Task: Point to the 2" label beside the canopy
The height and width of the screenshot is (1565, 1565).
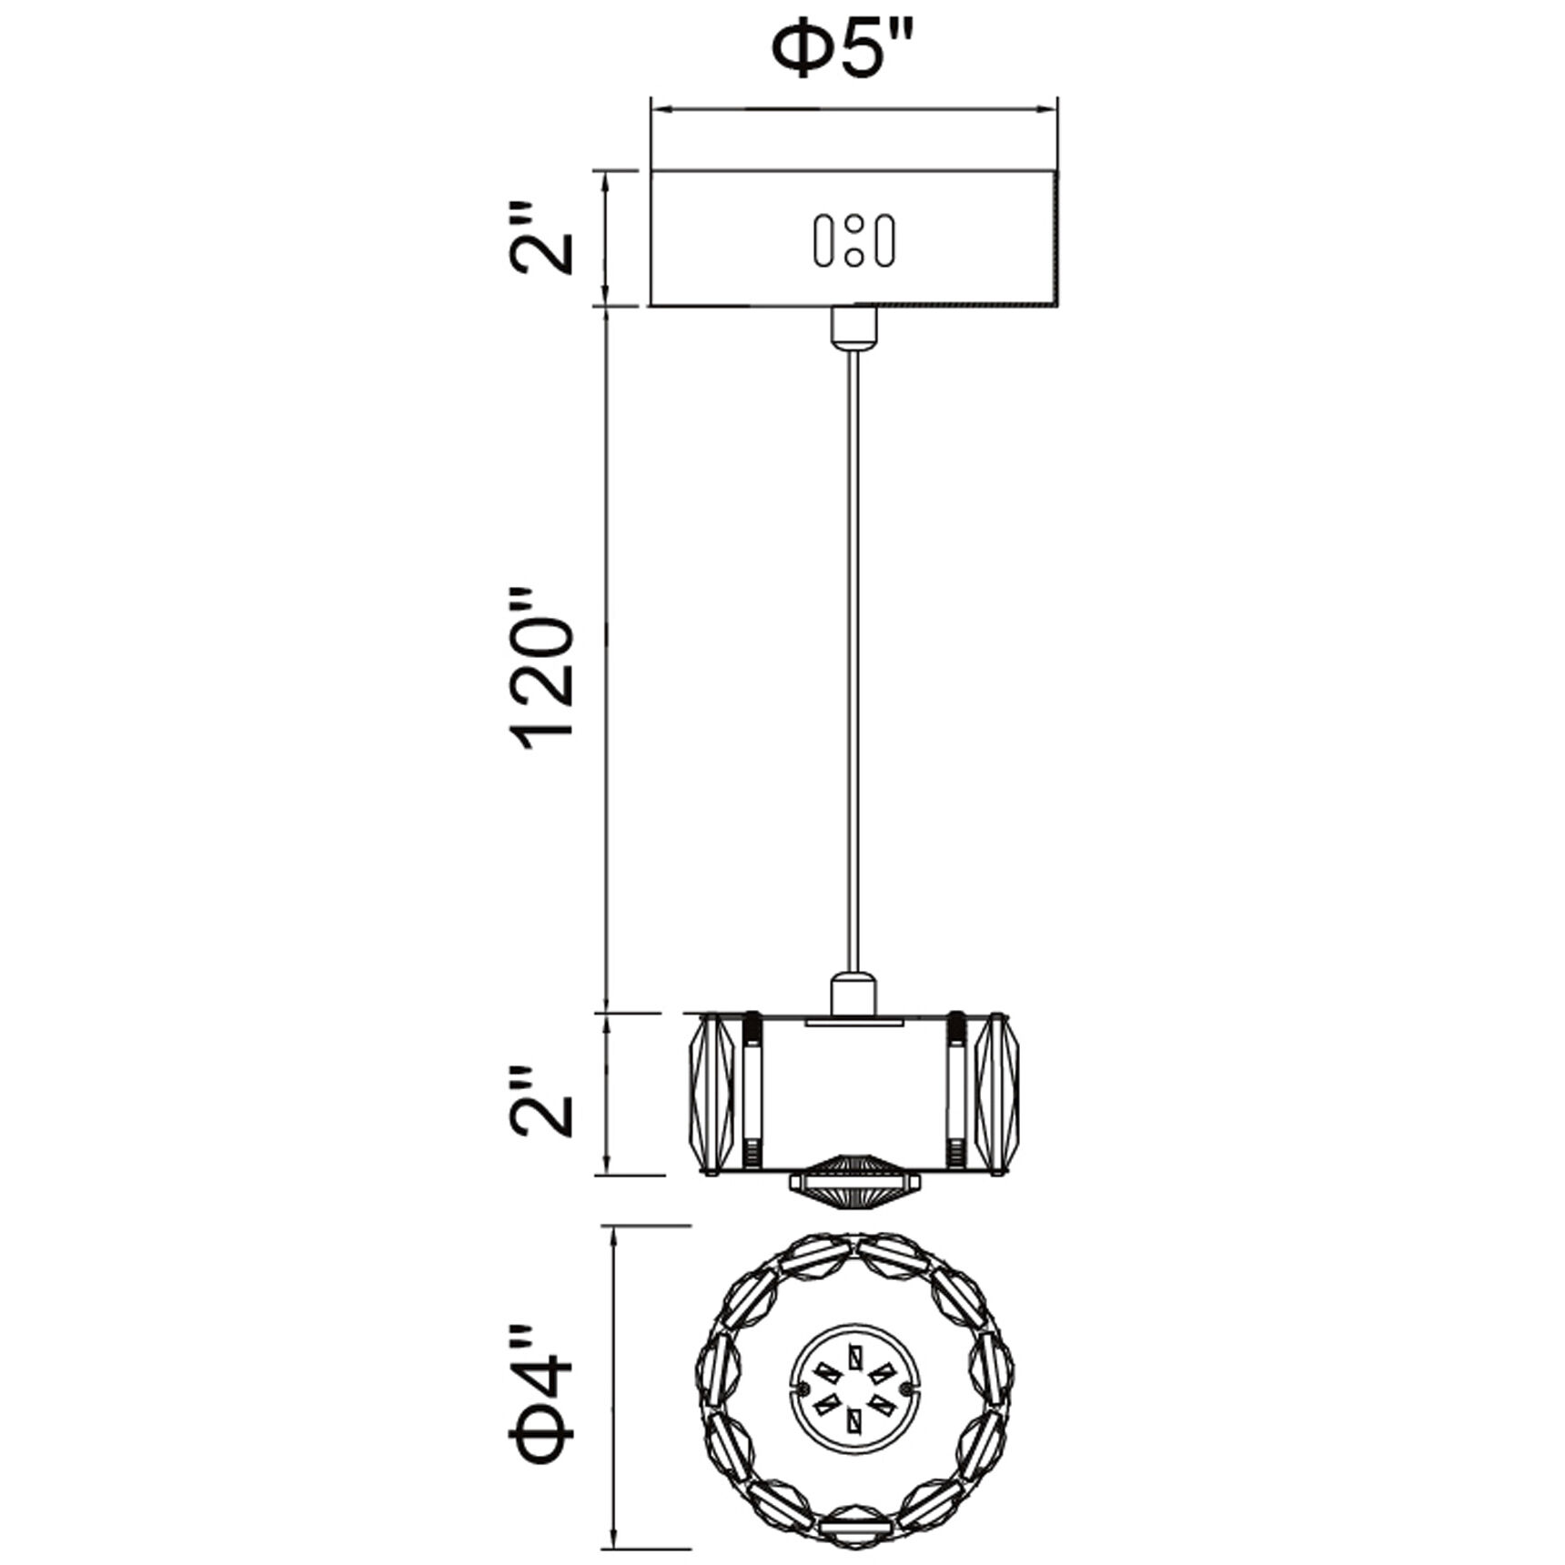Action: (544, 239)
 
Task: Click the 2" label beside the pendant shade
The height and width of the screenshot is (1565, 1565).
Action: (544, 1101)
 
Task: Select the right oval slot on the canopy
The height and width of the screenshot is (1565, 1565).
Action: (883, 241)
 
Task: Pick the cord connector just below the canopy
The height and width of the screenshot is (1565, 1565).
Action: (853, 327)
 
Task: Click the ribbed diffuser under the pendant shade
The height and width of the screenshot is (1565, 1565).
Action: (853, 1183)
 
